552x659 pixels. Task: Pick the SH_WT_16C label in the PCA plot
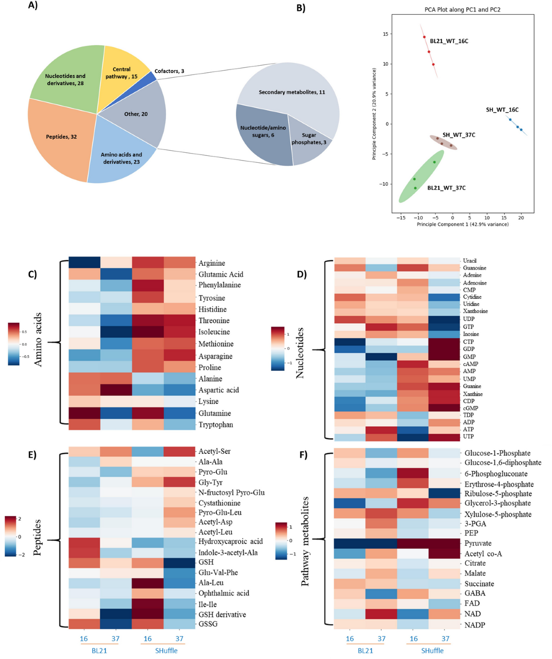click(502, 110)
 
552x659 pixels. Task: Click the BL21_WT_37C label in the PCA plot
click(446, 188)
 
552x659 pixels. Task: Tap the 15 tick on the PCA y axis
click(385, 34)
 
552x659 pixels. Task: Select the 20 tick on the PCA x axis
click(521, 218)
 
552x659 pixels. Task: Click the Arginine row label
click(212, 263)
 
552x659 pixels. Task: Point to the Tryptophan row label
click(215, 424)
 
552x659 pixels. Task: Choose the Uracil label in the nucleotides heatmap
click(470, 261)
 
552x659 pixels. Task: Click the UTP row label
click(468, 436)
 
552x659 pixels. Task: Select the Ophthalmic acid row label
click(224, 593)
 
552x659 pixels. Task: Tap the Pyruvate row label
click(478, 543)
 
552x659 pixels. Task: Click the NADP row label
click(475, 625)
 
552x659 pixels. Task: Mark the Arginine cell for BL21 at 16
click(84, 263)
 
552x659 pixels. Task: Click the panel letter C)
click(33, 275)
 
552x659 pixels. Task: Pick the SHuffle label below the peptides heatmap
click(166, 651)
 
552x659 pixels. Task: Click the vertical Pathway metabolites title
click(305, 541)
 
